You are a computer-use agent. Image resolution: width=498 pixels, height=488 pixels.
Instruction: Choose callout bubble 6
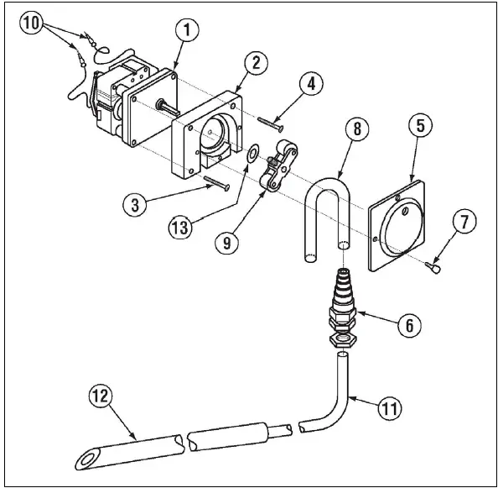(408, 325)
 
